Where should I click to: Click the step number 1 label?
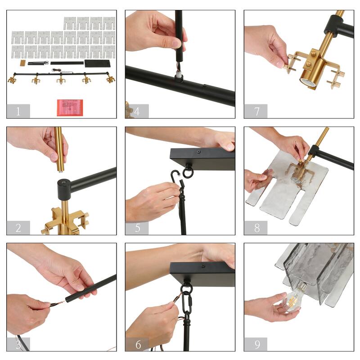(x=18, y=111)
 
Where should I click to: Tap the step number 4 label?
(x=137, y=111)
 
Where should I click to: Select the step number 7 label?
(x=257, y=111)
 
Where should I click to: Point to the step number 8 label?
(x=257, y=228)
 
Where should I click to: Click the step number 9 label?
(x=257, y=344)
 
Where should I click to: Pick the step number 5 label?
(x=138, y=228)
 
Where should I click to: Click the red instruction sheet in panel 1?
(x=70, y=108)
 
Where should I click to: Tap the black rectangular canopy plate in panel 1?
(x=98, y=63)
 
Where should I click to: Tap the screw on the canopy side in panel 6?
(x=203, y=266)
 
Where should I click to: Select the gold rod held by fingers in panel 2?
(x=59, y=149)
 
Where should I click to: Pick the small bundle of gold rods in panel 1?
(x=23, y=63)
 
